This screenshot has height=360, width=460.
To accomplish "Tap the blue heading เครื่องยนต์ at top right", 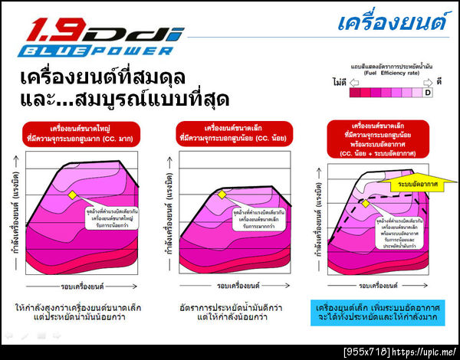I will [x=393, y=22].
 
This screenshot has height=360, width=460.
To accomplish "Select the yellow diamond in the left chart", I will [x=72, y=195].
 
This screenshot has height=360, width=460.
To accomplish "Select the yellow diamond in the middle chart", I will [x=222, y=195].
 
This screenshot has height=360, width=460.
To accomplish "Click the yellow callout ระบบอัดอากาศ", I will [x=416, y=185].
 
